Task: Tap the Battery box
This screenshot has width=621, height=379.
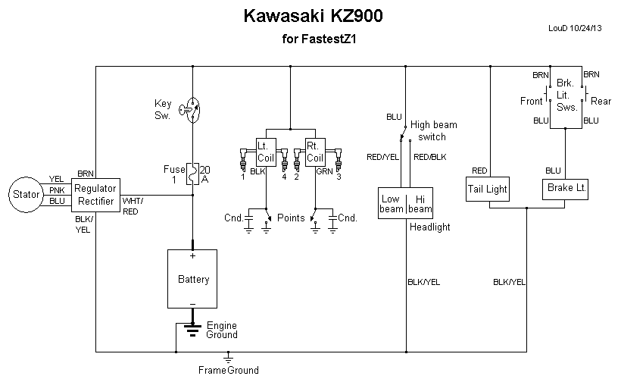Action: (193, 280)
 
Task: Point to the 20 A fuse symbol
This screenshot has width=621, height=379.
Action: (193, 174)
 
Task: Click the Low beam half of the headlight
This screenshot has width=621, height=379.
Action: (392, 203)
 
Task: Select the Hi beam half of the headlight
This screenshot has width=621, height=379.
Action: (420, 203)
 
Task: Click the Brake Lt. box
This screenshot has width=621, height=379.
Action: (566, 187)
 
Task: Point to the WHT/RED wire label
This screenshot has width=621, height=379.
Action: (131, 206)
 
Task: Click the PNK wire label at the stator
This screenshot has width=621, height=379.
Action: (58, 190)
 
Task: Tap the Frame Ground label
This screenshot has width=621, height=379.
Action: (228, 370)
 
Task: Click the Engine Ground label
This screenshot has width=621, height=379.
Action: (222, 330)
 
